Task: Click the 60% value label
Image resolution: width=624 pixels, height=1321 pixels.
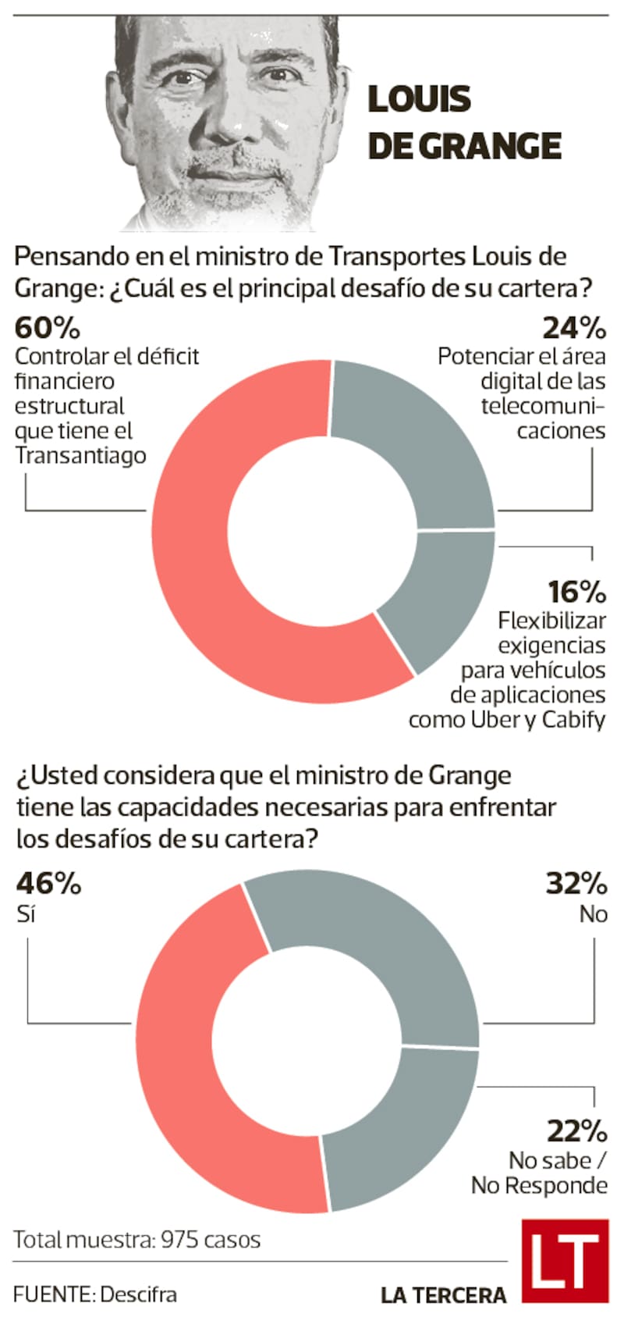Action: click(48, 328)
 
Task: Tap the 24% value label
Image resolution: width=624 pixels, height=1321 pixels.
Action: click(574, 328)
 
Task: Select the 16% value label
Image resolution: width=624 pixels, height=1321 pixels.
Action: click(576, 592)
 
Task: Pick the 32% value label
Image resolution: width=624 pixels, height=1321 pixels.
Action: click(576, 884)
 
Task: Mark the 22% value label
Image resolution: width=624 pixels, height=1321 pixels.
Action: click(576, 1131)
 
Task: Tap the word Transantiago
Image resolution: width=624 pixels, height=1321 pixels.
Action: click(80, 456)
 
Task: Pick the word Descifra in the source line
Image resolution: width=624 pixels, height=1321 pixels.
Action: click(139, 1294)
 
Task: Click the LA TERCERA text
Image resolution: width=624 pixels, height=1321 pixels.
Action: click(443, 1295)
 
